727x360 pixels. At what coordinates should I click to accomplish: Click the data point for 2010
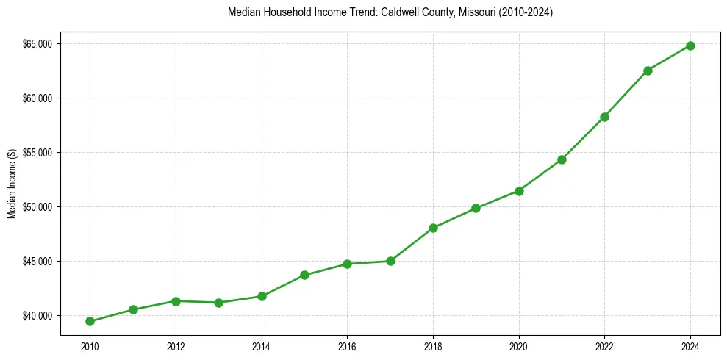coord(90,321)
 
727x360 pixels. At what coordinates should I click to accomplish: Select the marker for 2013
coord(218,303)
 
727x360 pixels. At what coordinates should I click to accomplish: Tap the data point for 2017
coord(390,261)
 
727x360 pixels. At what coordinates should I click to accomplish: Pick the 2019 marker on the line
coord(476,208)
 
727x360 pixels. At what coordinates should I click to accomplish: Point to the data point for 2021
coord(562,159)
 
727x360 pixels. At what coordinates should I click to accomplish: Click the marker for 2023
coord(648,71)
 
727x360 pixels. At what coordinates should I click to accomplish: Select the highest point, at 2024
coord(690,46)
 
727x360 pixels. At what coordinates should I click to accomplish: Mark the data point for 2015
coord(304,275)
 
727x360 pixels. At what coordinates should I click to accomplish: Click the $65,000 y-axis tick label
coord(37,44)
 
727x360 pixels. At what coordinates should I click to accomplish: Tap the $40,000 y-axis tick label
coord(37,316)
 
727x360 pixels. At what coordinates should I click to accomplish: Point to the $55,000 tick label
coord(37,153)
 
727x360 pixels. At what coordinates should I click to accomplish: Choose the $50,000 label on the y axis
coord(37,207)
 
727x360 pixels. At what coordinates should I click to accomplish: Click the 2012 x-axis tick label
coord(176,346)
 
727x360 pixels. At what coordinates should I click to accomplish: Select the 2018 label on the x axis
coord(433,346)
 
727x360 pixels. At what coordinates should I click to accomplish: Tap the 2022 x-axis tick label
coord(604,346)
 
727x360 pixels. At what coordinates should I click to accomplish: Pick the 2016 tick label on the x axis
coord(347,346)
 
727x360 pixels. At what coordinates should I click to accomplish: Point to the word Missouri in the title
coord(473,13)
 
